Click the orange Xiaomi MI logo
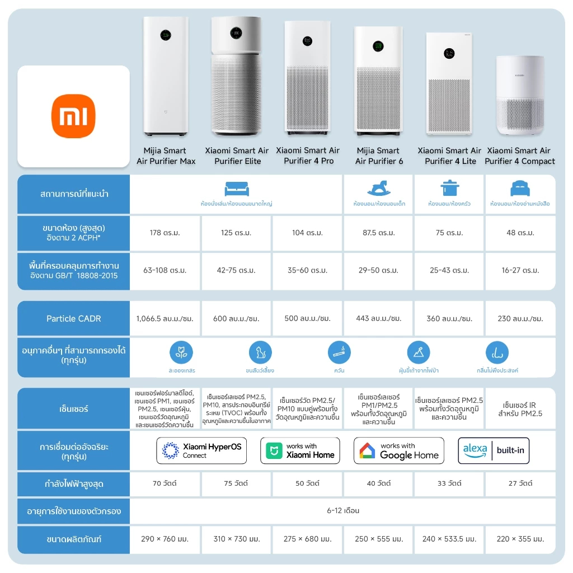[x=73, y=116]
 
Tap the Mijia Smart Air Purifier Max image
[x=165, y=76]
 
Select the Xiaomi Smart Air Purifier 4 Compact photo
[x=520, y=96]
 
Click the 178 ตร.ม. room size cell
[x=165, y=233]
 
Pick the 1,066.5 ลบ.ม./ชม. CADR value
[x=165, y=318]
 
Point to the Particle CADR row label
[x=74, y=318]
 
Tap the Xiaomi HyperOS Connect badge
[x=201, y=450]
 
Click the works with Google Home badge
[x=399, y=450]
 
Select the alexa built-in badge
[x=494, y=450]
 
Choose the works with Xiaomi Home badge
[x=300, y=450]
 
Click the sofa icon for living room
[x=236, y=188]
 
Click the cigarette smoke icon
[x=340, y=353]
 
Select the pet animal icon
[x=260, y=353]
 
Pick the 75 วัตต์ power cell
[x=236, y=483]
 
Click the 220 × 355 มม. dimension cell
[x=520, y=539]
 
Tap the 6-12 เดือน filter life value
[x=343, y=510]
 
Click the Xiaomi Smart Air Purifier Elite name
[x=237, y=156]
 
